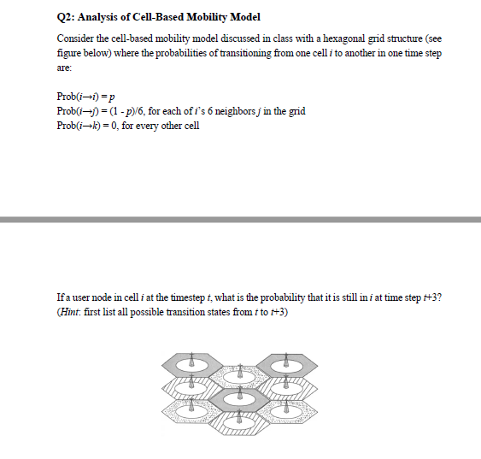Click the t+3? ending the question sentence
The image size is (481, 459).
(x=431, y=297)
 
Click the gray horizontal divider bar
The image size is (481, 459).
(x=240, y=221)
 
